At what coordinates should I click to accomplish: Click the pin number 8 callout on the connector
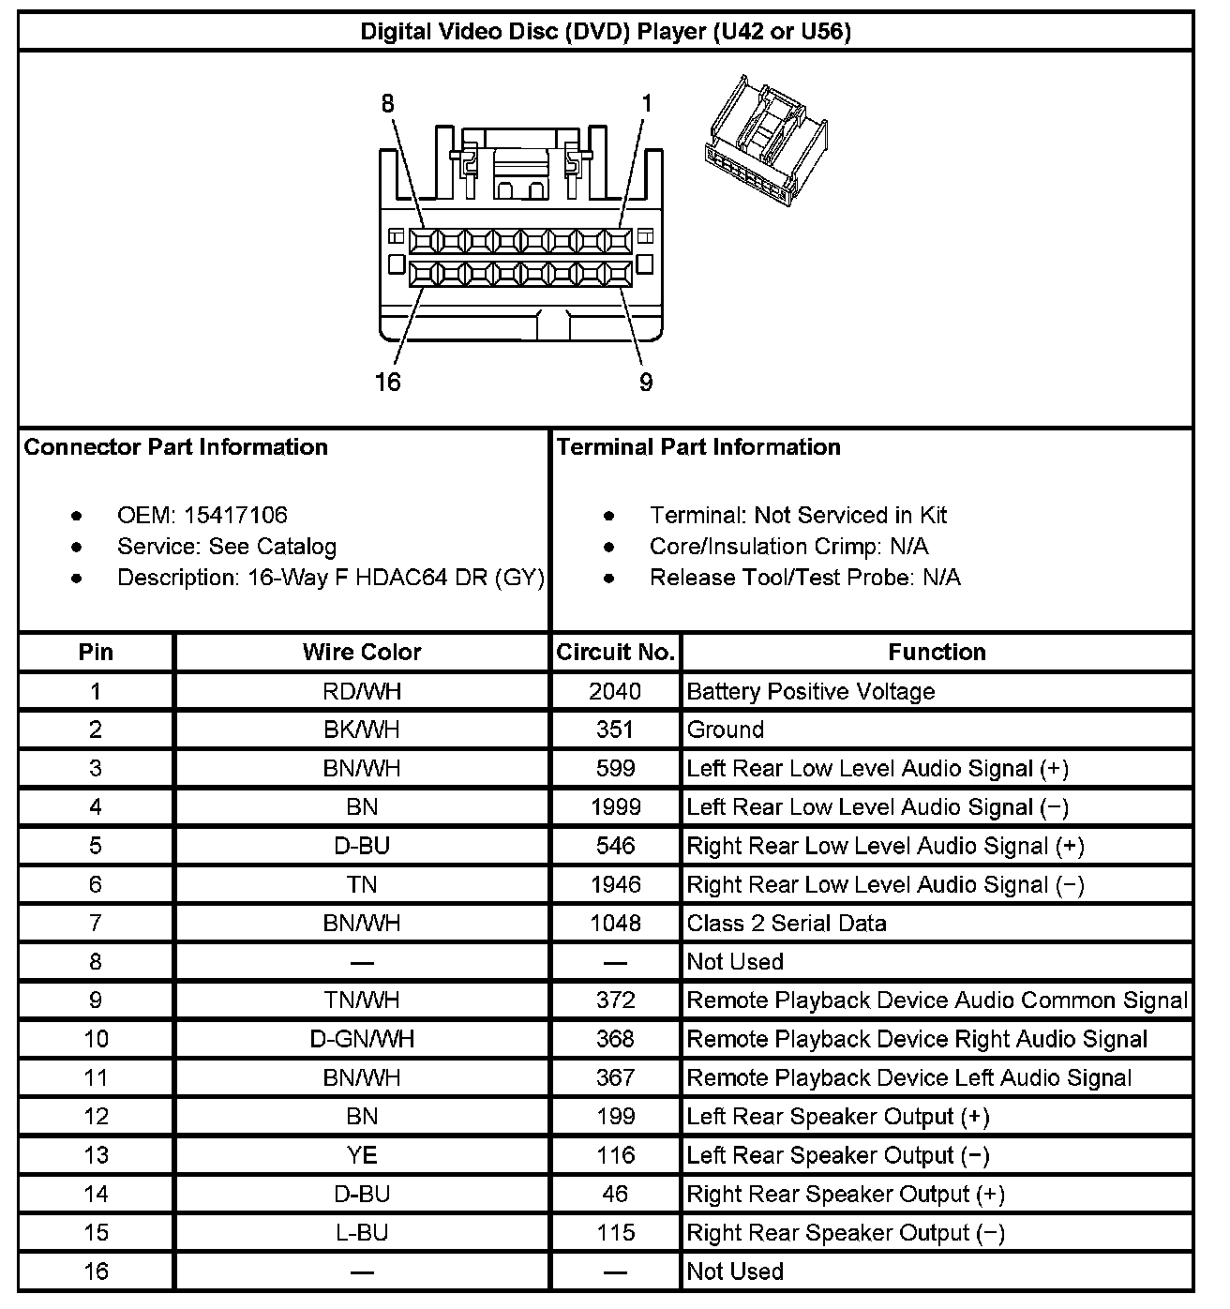click(388, 104)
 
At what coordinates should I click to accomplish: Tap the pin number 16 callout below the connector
click(387, 382)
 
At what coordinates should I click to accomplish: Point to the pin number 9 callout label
click(646, 382)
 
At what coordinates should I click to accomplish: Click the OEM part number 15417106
click(235, 515)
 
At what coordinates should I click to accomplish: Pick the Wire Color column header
click(362, 652)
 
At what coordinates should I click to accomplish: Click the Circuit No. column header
click(616, 652)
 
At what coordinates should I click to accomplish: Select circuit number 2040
click(615, 691)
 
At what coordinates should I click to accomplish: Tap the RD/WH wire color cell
click(362, 691)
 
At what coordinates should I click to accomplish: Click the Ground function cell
click(726, 730)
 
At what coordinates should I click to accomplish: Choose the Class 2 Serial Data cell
click(787, 923)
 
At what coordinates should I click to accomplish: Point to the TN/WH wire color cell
click(362, 1001)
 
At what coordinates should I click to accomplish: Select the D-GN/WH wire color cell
click(362, 1039)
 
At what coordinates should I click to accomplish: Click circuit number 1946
click(615, 884)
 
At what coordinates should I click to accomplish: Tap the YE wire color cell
click(362, 1155)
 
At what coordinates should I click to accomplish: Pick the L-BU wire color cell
click(362, 1232)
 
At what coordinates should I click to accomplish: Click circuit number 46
click(615, 1194)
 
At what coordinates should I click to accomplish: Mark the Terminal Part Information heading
click(698, 446)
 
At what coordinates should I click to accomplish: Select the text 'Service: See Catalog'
click(226, 546)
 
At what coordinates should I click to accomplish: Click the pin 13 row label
click(96, 1155)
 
